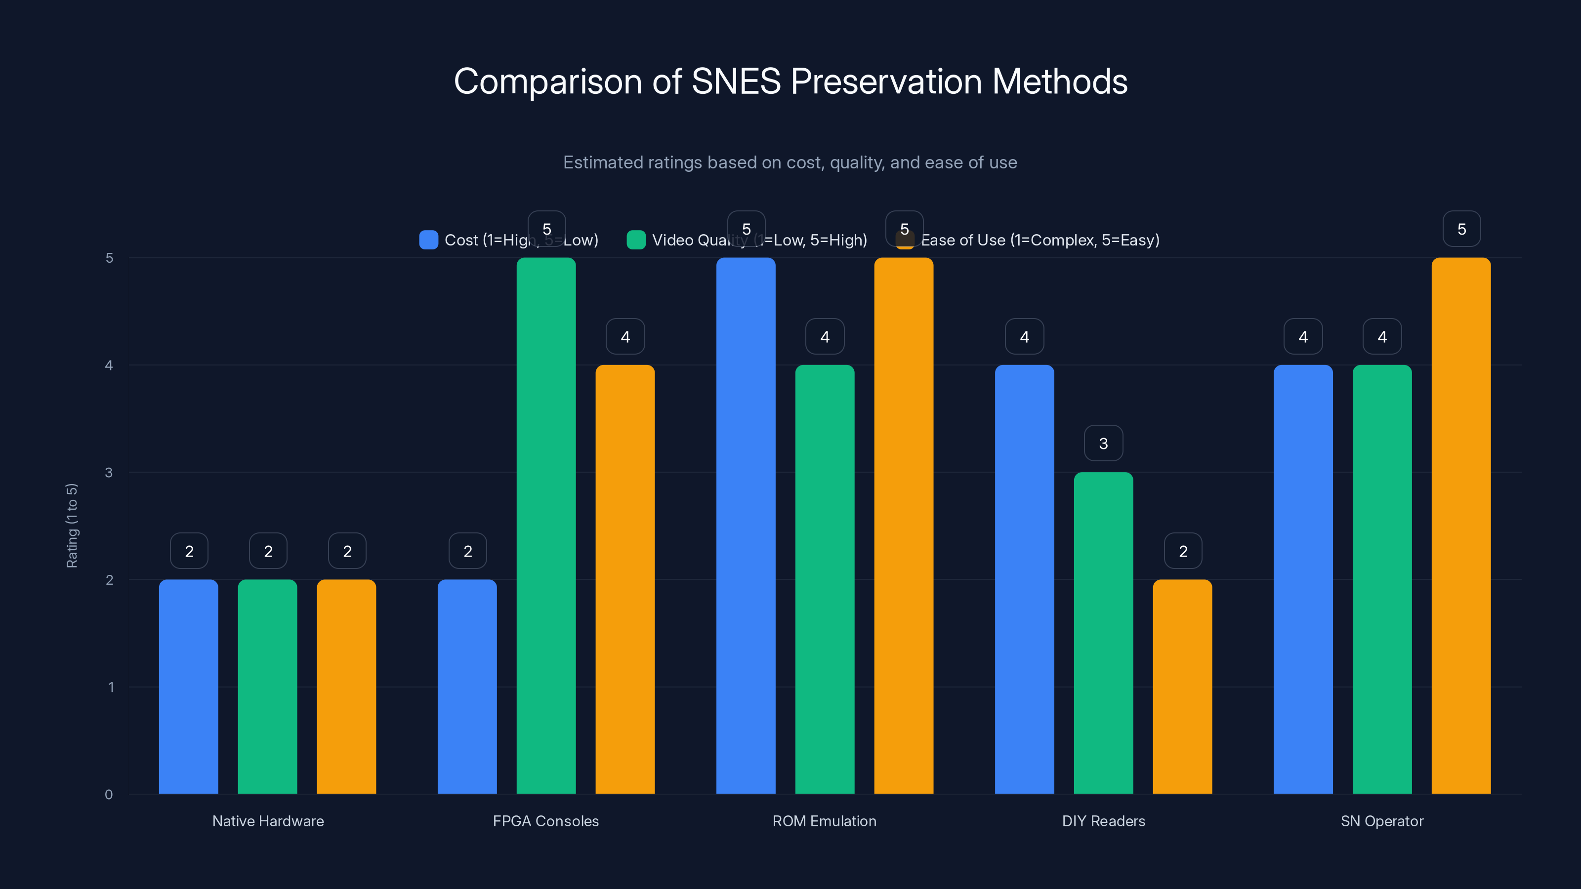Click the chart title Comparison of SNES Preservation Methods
(790, 81)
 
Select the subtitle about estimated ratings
(790, 162)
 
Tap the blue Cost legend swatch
(428, 240)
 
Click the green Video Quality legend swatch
(636, 240)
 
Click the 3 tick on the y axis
(109, 473)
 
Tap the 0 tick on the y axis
(109, 795)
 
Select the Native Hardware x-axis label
(268, 821)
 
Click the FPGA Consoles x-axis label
(545, 821)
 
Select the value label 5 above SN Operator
(1461, 229)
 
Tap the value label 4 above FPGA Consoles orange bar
(625, 336)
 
